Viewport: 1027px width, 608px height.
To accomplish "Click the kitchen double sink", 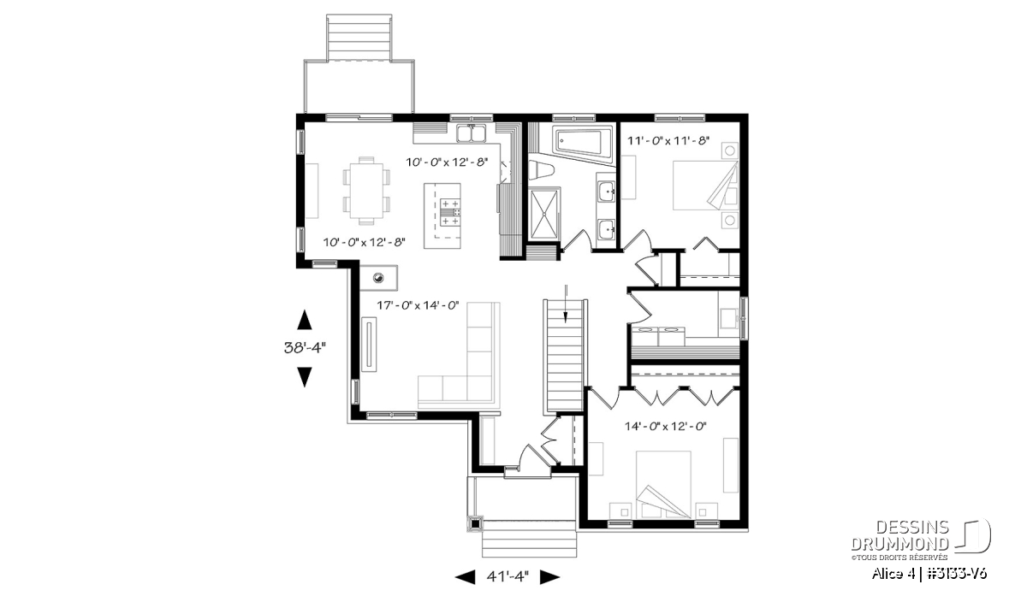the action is (x=471, y=133).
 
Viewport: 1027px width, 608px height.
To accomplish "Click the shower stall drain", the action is (x=544, y=213).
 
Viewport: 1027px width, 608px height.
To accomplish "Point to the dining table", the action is (x=367, y=191).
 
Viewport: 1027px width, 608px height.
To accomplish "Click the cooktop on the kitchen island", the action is (x=450, y=212).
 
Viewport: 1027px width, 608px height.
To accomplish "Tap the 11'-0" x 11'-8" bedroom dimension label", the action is (x=668, y=140).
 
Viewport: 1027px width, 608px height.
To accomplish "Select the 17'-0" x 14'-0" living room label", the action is (x=418, y=305).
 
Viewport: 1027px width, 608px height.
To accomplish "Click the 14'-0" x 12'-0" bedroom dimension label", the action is (x=665, y=427).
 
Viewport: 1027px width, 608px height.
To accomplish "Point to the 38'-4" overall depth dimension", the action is (x=305, y=348).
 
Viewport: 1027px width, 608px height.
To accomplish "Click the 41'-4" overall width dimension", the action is (x=508, y=577).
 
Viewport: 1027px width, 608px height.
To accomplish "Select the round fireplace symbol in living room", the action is (x=378, y=277).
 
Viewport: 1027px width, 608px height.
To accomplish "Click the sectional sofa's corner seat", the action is (x=479, y=388).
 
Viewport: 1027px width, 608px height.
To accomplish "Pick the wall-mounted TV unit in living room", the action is (x=369, y=345).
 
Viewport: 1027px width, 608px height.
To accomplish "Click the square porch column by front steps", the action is (x=476, y=523).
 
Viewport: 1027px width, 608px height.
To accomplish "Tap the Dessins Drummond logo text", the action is (x=899, y=535).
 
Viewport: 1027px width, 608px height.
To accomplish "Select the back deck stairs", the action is (x=359, y=38).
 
